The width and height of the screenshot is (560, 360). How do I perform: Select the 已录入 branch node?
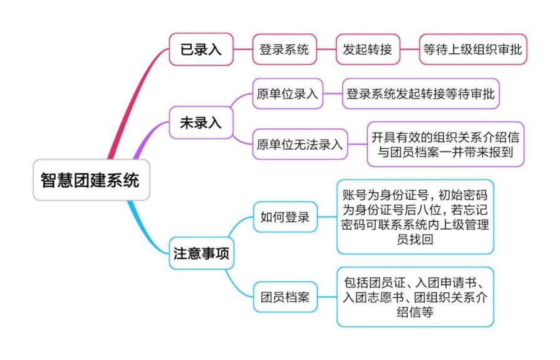201,49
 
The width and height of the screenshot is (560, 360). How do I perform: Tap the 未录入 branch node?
201,123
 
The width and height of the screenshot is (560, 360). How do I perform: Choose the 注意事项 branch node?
201,254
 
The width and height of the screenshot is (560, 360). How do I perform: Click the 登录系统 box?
284,49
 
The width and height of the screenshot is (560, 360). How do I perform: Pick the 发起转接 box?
368,49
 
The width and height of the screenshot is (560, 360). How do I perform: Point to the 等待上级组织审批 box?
473,49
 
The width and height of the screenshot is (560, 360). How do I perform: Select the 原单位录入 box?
288,95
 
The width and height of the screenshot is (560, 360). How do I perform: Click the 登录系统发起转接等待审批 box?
421,95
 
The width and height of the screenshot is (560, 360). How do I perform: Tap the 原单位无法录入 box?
300,145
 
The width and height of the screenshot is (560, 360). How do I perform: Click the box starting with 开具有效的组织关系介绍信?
445,145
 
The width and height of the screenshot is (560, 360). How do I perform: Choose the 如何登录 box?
285,218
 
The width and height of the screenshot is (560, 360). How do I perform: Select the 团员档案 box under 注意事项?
285,297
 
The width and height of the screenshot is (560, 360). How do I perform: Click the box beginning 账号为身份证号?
415,216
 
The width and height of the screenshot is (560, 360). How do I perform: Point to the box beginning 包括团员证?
415,296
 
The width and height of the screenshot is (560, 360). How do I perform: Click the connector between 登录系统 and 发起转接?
326,49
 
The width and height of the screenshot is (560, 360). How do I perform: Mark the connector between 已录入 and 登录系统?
242,49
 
